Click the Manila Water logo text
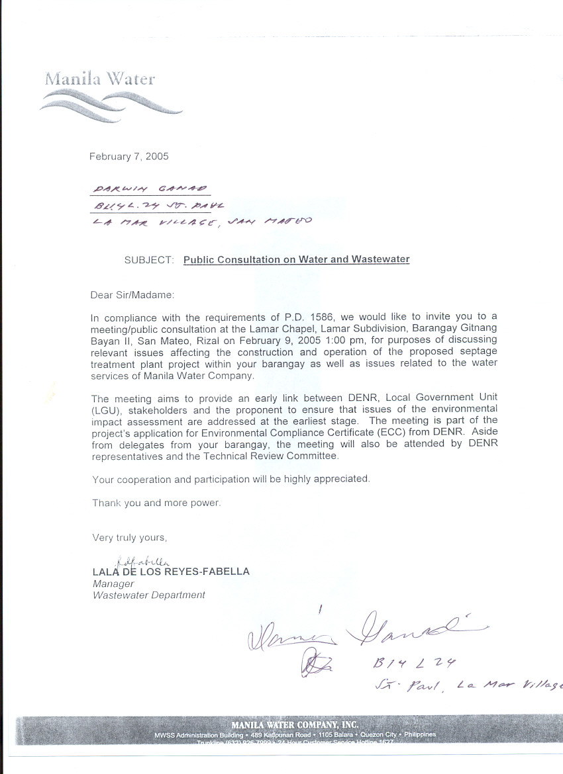pyautogui.click(x=100, y=79)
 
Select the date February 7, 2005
pyautogui.click(x=129, y=157)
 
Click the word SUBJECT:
pyautogui.click(x=149, y=260)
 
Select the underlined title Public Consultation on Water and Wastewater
pyautogui.click(x=296, y=259)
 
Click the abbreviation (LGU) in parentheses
pyautogui.click(x=105, y=409)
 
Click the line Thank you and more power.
pyautogui.click(x=156, y=503)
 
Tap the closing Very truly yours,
pyautogui.click(x=130, y=538)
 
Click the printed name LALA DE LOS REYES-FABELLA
pyautogui.click(x=171, y=572)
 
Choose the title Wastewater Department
pyautogui.click(x=149, y=595)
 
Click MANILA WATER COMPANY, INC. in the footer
pyautogui.click(x=295, y=725)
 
